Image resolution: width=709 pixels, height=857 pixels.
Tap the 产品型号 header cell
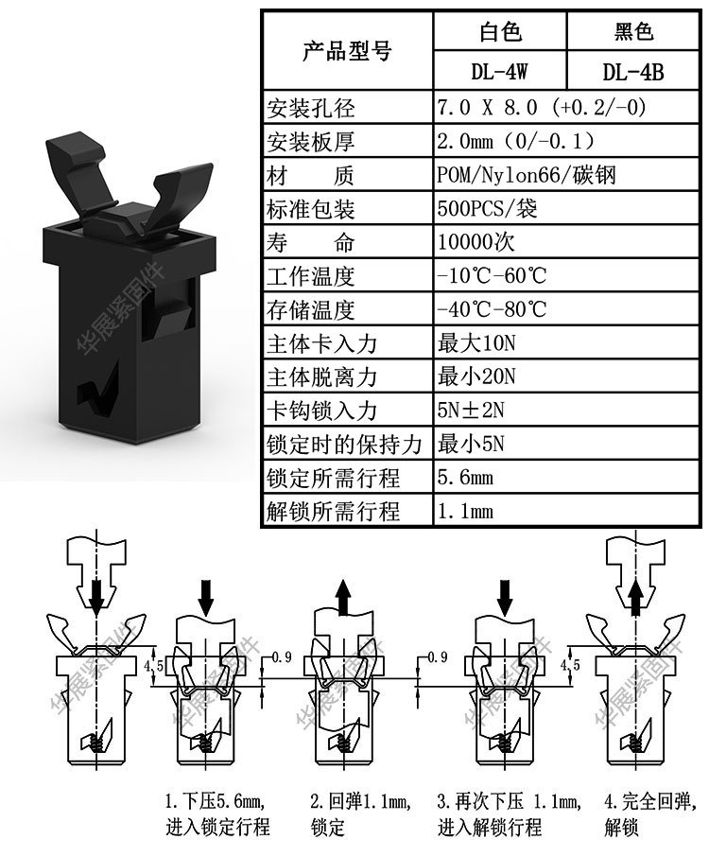coord(346,51)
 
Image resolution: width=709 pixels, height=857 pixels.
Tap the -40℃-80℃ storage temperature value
coord(492,309)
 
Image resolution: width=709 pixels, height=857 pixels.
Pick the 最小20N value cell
coord(476,376)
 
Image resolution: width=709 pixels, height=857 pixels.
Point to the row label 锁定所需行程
coord(334,478)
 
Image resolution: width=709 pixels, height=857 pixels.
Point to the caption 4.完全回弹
coord(653,803)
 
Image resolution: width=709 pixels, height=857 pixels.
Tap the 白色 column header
coord(498,32)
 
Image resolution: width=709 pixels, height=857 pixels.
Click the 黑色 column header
coord(633,32)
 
